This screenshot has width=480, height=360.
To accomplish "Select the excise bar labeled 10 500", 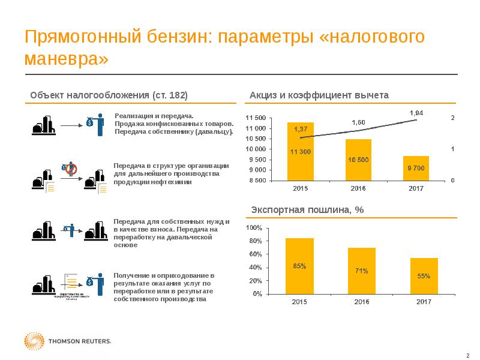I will (358, 160).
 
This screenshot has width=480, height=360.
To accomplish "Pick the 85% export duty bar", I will (299, 266).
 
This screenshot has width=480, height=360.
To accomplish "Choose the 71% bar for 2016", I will (361, 271).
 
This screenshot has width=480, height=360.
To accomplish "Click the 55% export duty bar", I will (424, 276).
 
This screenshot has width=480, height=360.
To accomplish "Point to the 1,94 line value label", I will (416, 113).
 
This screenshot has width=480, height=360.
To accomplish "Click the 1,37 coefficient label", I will (301, 129).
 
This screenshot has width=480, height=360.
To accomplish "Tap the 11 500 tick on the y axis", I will (256, 118).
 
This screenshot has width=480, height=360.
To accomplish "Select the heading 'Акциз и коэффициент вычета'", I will (319, 95).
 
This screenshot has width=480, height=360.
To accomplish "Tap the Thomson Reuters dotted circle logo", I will (34, 341).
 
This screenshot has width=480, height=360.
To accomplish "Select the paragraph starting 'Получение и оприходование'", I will (163, 287).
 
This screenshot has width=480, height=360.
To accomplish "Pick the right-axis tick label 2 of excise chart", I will (452, 118).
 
